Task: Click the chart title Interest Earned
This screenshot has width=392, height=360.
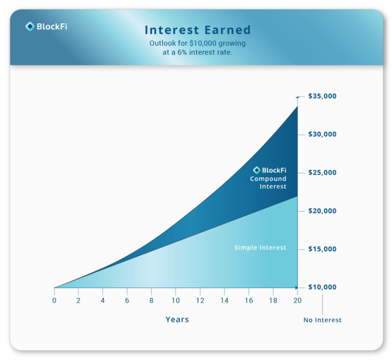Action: [198, 30]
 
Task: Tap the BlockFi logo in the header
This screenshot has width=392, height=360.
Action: [46, 26]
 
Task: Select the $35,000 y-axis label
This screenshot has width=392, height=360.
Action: [322, 96]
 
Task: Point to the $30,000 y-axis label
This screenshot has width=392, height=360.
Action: [322, 135]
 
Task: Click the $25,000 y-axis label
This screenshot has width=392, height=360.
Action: [322, 173]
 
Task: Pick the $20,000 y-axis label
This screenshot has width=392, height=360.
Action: [322, 211]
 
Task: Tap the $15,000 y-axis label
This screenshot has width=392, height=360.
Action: [322, 249]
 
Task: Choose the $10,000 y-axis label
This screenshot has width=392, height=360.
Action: [322, 287]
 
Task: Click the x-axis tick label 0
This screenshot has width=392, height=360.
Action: [54, 300]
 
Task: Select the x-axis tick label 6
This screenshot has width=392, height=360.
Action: [127, 300]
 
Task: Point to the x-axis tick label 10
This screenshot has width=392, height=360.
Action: [175, 300]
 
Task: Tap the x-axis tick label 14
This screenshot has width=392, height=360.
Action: [224, 300]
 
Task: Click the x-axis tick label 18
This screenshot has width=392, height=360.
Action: [273, 300]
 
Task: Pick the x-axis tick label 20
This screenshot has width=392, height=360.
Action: [297, 300]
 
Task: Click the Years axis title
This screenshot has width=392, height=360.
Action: [177, 319]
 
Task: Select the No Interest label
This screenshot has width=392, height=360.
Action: [323, 320]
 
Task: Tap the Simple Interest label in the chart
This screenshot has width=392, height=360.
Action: [260, 248]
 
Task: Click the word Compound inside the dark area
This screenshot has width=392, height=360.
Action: [268, 179]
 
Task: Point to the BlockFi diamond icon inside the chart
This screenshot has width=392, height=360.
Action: [257, 170]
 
